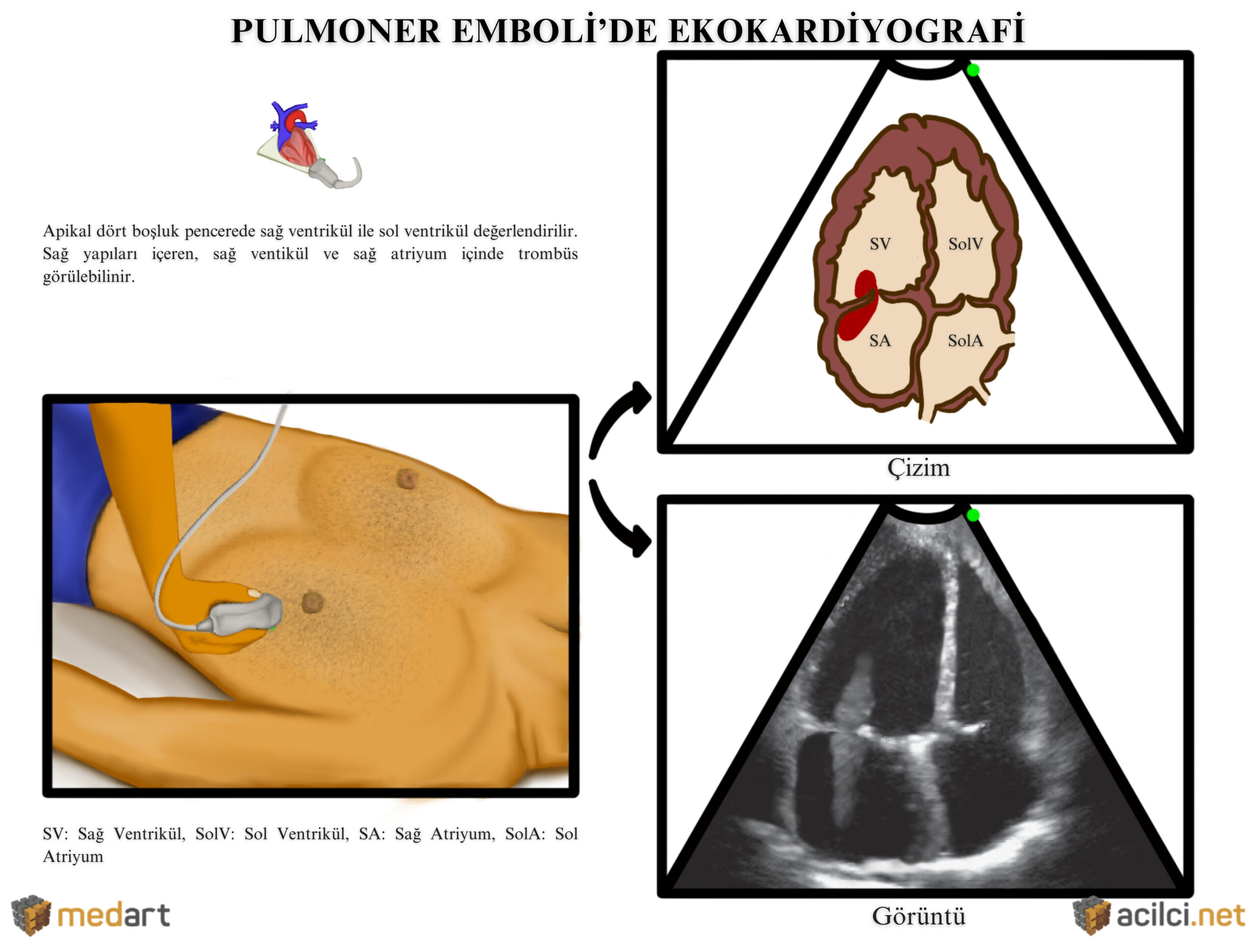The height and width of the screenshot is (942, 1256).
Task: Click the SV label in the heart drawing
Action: tap(880, 244)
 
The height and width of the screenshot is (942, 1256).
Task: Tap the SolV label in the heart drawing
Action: tap(965, 244)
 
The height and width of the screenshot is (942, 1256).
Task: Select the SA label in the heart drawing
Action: tap(880, 340)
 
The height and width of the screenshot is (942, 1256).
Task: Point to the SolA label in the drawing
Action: tap(965, 340)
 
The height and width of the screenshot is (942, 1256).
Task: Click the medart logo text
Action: tap(113, 916)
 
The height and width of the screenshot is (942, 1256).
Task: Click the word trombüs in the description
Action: tap(548, 254)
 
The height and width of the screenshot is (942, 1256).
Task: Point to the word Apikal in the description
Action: tap(67, 232)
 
